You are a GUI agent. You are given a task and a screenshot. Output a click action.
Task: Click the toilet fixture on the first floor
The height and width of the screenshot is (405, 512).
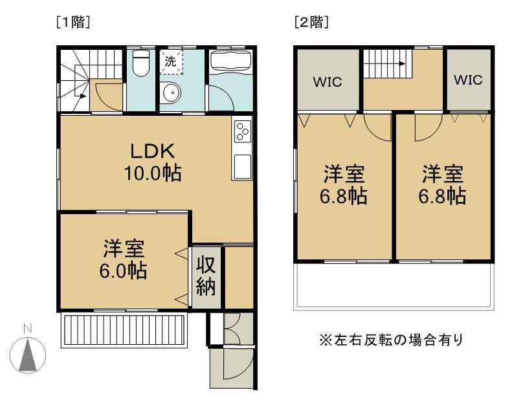(141, 63)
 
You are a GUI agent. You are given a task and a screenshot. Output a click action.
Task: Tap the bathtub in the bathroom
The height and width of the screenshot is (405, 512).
(231, 61)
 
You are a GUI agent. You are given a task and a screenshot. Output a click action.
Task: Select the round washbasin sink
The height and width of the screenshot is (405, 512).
(171, 93)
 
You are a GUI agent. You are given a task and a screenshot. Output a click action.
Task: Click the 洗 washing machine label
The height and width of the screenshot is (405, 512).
(170, 61)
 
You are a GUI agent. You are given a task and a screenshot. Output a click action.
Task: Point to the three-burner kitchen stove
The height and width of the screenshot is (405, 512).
(243, 131)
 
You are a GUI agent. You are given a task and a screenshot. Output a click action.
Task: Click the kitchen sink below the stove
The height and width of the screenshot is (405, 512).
(243, 166)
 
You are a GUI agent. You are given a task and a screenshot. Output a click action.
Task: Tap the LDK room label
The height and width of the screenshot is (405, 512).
(153, 151)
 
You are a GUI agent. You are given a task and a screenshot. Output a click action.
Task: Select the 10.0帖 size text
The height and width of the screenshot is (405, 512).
(153, 173)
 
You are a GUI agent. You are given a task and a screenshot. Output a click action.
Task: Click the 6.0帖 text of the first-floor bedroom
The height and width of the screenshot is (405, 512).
(123, 270)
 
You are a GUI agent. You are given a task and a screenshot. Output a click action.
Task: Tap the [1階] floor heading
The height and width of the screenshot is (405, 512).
(73, 22)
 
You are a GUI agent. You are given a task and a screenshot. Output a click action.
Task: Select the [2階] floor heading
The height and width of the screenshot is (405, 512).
(311, 22)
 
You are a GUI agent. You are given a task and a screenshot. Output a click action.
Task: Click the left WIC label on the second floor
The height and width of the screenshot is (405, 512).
(328, 82)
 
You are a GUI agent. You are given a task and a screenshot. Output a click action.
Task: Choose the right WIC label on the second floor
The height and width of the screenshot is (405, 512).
(468, 80)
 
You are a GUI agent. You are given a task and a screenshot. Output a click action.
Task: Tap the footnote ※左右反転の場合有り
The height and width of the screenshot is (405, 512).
(391, 340)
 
